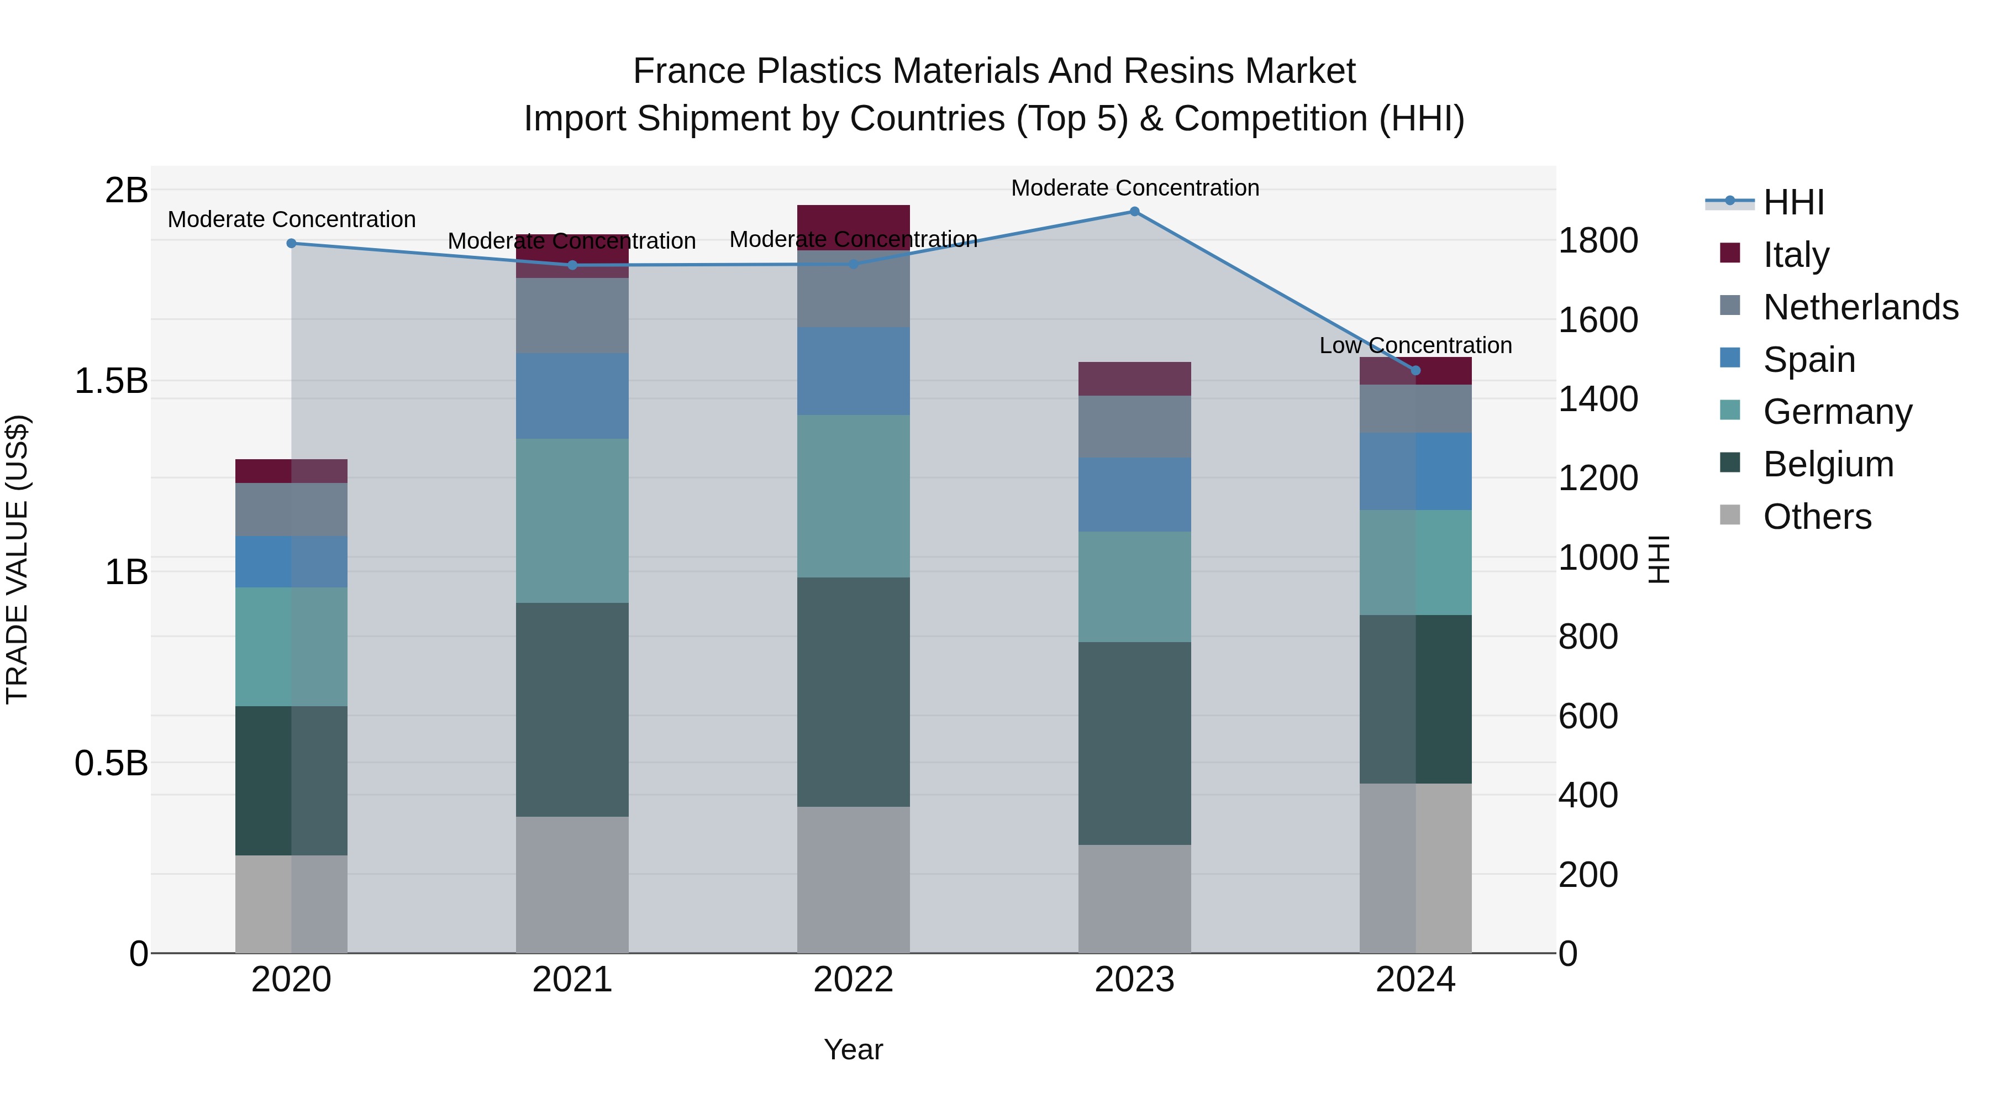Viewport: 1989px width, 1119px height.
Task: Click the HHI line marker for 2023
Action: click(1134, 211)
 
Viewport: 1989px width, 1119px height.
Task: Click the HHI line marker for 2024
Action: click(1416, 371)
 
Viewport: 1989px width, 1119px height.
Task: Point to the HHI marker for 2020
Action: click(291, 243)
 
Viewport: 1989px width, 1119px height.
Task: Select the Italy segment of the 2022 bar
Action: click(853, 220)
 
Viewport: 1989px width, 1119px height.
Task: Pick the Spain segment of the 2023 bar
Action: click(1134, 494)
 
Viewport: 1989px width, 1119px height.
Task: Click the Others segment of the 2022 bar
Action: click(853, 880)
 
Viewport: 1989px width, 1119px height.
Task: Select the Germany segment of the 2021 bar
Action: click(572, 521)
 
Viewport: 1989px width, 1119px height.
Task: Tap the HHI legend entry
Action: click(1793, 202)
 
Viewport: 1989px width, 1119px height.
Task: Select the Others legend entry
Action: click(1817, 517)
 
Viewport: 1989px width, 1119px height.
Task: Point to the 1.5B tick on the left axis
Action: click(110, 381)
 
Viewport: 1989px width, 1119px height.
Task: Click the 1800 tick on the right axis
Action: click(1597, 240)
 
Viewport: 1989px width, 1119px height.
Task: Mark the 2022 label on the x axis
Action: click(853, 980)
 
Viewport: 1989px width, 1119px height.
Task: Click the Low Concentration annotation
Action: click(1416, 345)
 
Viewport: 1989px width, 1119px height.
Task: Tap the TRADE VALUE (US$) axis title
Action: click(17, 559)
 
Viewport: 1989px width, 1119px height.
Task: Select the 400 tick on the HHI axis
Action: click(1587, 795)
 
